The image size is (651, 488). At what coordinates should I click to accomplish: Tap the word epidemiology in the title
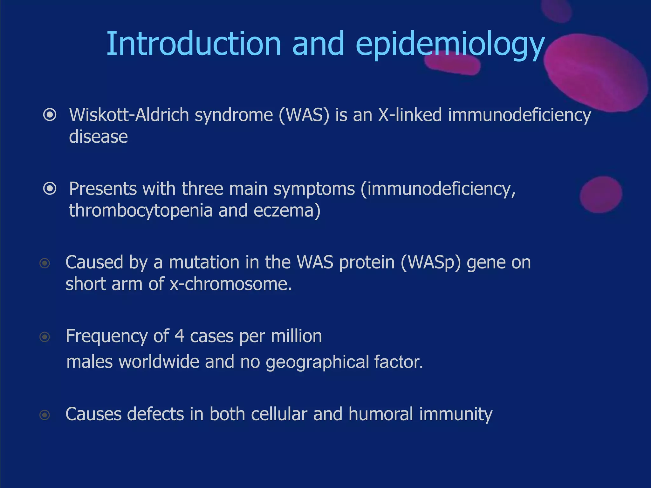tap(450, 44)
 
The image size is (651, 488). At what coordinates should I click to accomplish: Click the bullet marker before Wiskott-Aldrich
tap(50, 115)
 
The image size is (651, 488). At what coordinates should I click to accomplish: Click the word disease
tap(98, 137)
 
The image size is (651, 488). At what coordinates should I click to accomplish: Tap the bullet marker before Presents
tap(50, 189)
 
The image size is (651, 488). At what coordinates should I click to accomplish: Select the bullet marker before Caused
tap(45, 263)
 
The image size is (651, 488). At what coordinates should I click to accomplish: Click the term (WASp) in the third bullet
tap(430, 263)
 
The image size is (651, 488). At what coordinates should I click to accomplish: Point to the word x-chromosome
tap(231, 284)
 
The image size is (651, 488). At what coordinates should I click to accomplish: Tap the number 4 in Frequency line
tap(179, 336)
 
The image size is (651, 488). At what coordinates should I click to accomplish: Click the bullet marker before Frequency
tap(45, 337)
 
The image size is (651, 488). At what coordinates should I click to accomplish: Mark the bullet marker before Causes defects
tap(45, 415)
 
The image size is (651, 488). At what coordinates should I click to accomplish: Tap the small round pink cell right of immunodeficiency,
tap(600, 194)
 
